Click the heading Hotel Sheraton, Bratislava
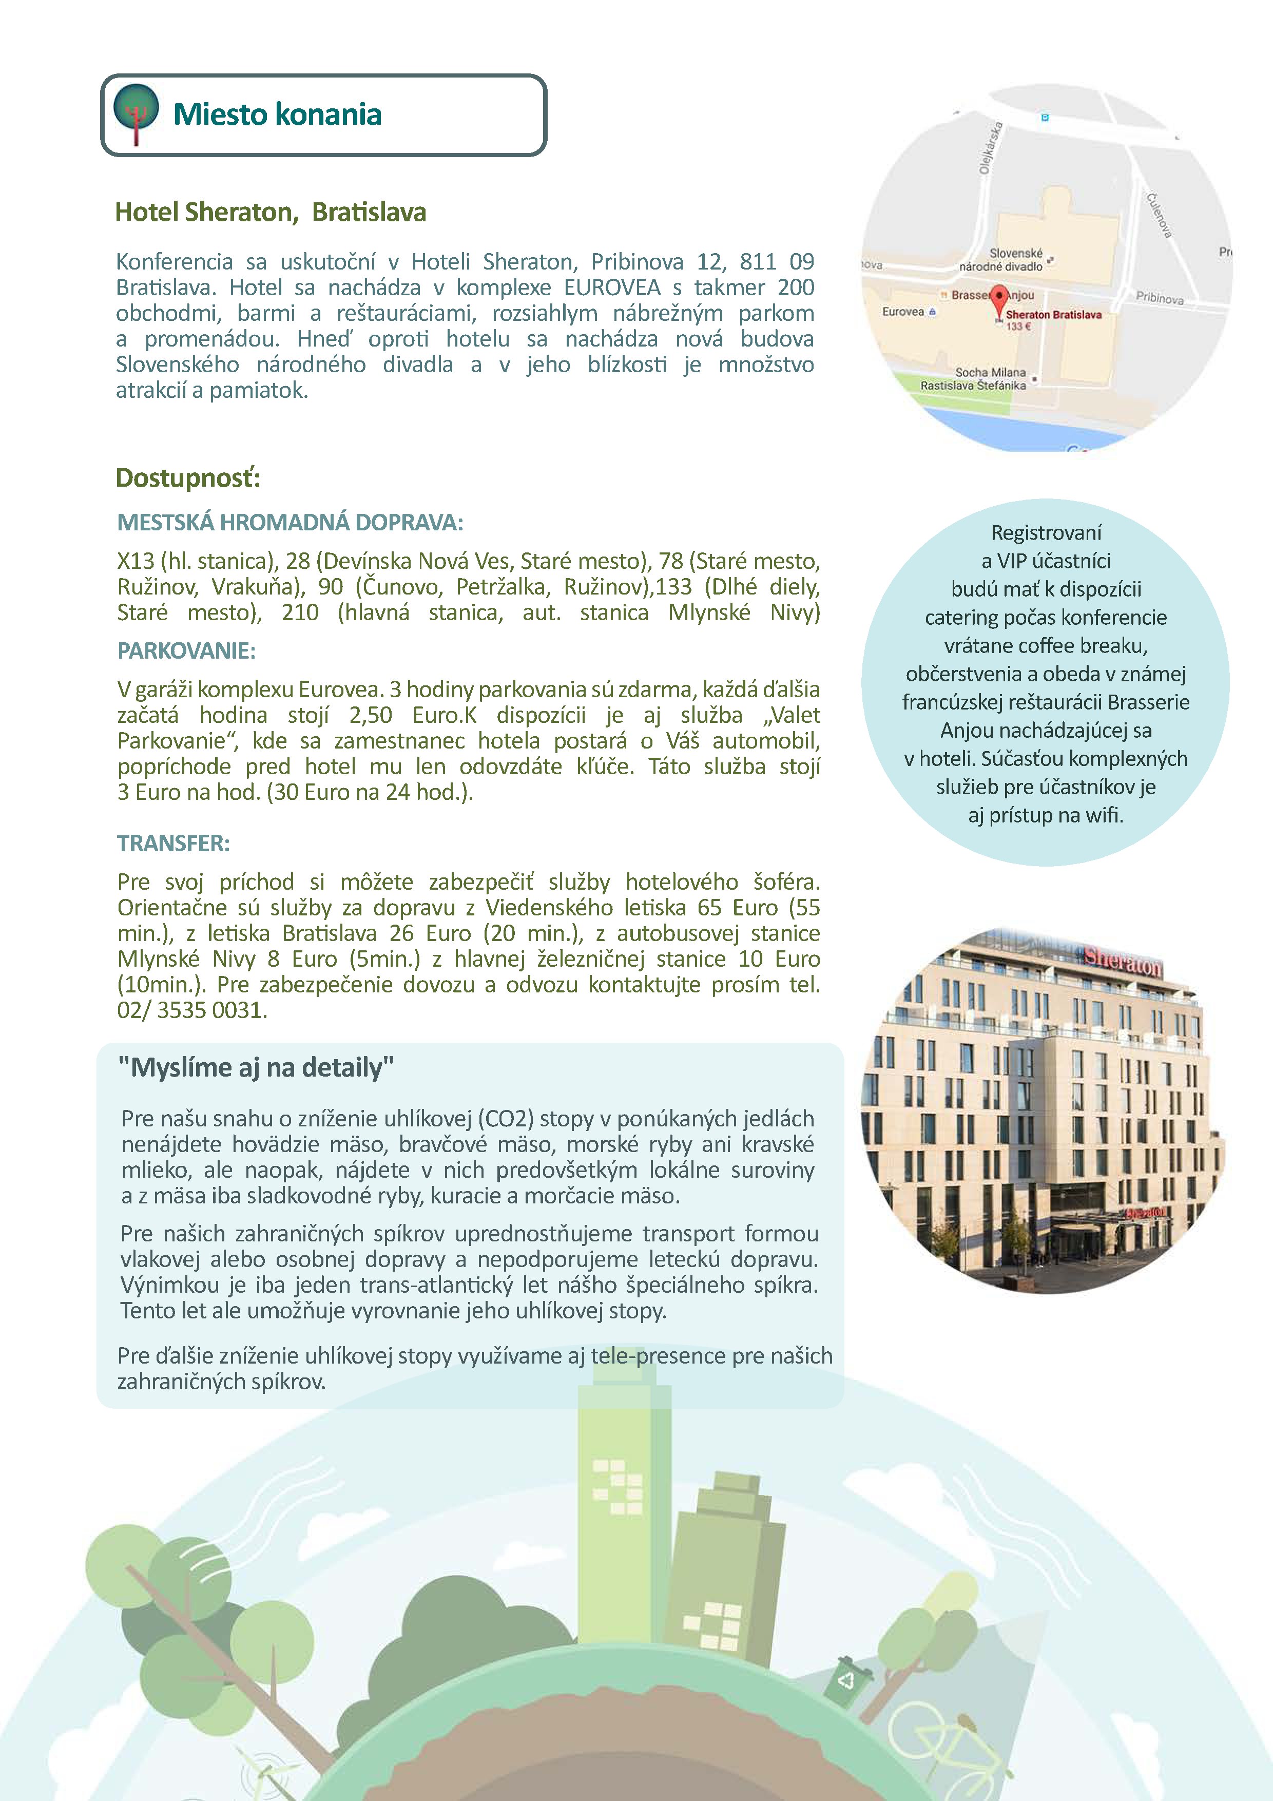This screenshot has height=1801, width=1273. (271, 212)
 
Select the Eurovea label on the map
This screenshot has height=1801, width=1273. (903, 312)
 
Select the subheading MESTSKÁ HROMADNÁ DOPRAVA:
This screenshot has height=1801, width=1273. (290, 523)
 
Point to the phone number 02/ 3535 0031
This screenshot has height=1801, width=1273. (192, 1010)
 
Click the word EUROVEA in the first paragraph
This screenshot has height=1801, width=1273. (612, 287)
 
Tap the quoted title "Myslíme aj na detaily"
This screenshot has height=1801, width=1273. (256, 1067)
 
